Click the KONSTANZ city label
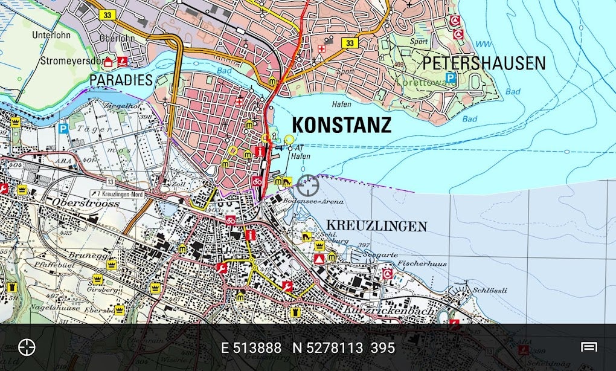[342, 125]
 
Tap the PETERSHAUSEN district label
[483, 63]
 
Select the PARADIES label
[121, 80]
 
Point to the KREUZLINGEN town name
[376, 227]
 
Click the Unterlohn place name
[51, 35]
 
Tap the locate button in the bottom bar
[27, 347]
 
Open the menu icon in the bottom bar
[589, 347]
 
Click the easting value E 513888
[251, 348]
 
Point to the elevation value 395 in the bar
[383, 348]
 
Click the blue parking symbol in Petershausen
[451, 77]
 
